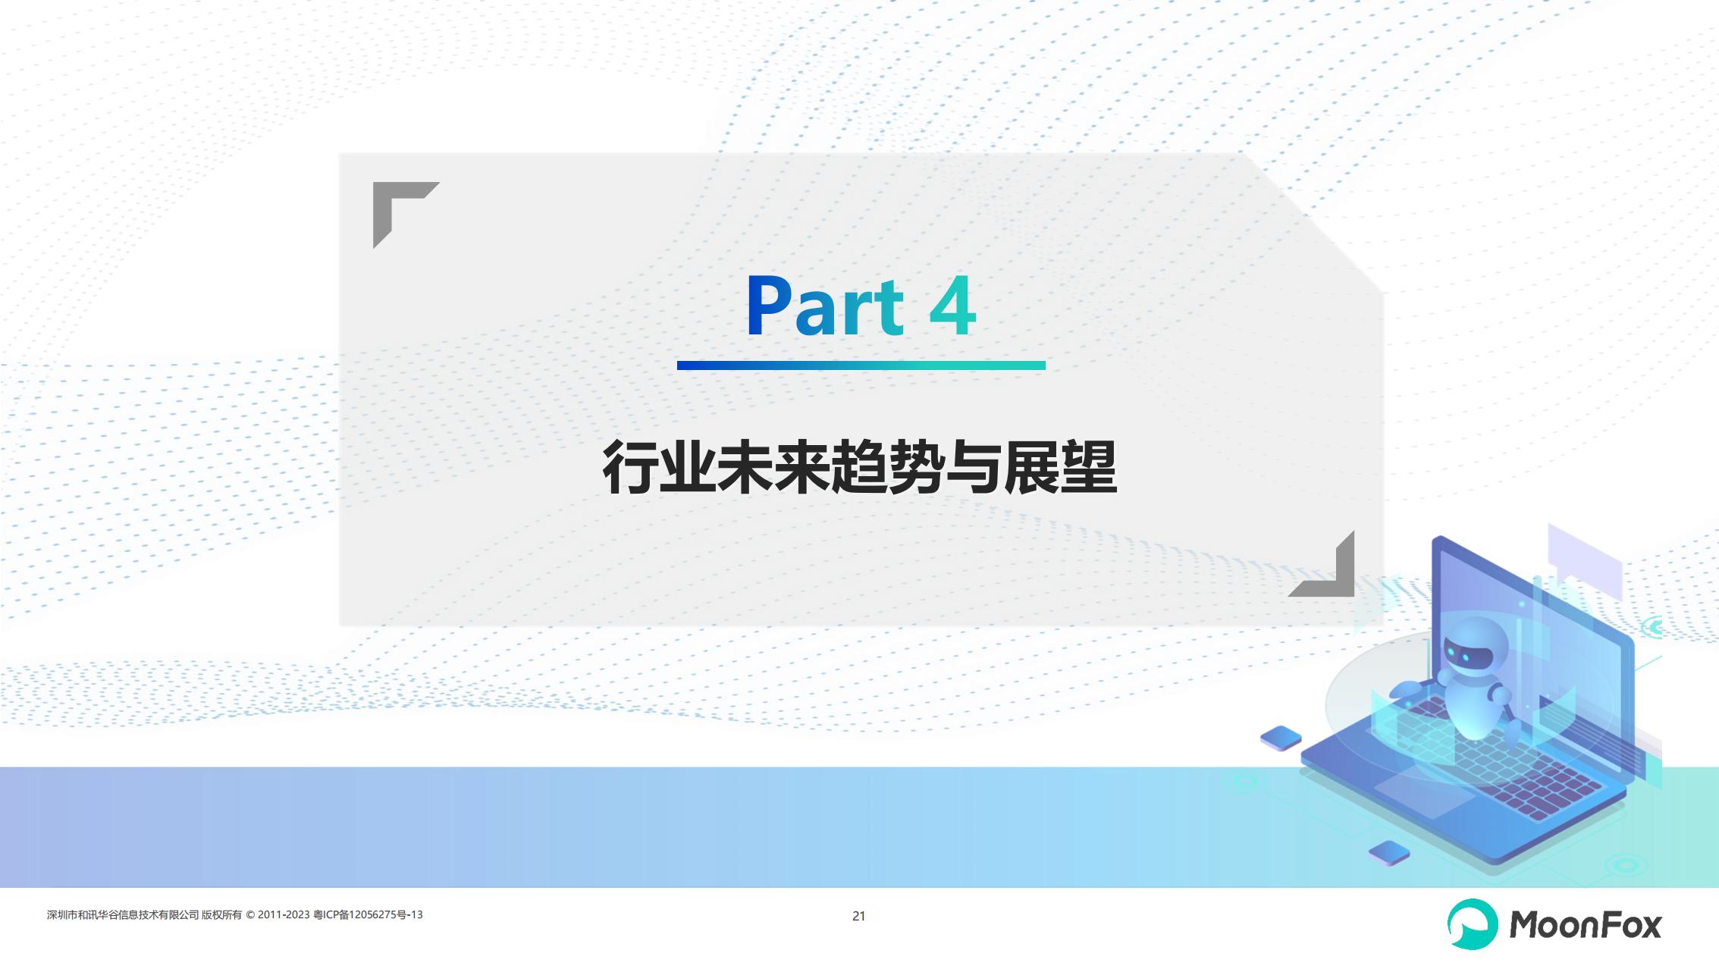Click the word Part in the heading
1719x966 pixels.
point(825,306)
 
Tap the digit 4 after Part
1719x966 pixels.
point(952,306)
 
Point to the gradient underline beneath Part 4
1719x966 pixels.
point(861,365)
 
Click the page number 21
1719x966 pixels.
point(858,916)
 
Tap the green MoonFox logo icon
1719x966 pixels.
point(1473,924)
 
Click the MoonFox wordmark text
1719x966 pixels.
point(1586,925)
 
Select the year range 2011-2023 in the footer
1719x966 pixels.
point(284,914)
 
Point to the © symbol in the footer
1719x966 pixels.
point(250,915)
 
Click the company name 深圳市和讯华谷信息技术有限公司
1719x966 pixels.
point(123,915)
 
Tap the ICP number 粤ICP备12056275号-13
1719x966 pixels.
point(368,915)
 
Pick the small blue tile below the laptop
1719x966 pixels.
point(1388,853)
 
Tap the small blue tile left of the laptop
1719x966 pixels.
point(1281,738)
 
